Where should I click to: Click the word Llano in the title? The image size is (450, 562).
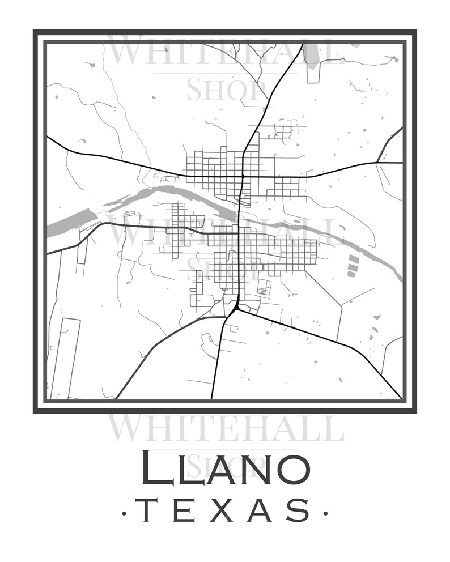click(225, 467)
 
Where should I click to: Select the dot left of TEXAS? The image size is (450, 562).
click(124, 513)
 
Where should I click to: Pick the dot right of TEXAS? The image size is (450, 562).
click(325, 513)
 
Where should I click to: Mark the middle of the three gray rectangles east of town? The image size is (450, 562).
click(353, 266)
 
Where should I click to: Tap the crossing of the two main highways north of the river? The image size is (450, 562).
click(243, 177)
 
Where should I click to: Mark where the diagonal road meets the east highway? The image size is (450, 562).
click(377, 163)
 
